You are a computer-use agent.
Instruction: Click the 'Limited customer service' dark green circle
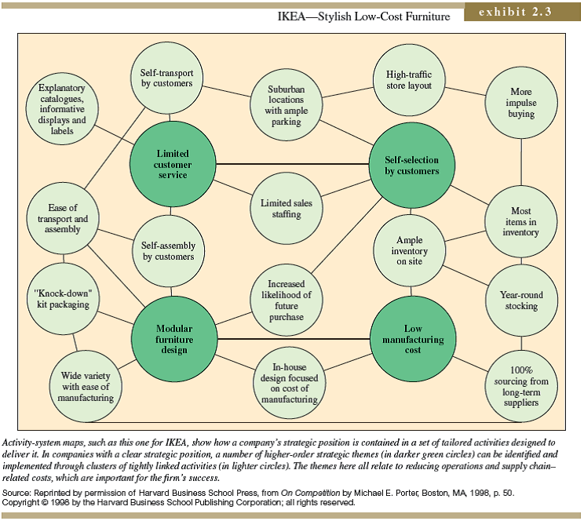pyautogui.click(x=173, y=164)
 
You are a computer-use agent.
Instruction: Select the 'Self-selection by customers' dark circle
pyautogui.click(x=412, y=165)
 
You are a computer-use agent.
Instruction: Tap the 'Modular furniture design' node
pyautogui.click(x=172, y=338)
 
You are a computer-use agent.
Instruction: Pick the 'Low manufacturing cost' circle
pyautogui.click(x=412, y=339)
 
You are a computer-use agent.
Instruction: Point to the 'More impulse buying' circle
pyautogui.click(x=521, y=103)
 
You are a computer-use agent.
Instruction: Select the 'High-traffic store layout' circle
pyautogui.click(x=409, y=79)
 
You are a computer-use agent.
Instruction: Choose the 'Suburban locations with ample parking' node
pyautogui.click(x=287, y=105)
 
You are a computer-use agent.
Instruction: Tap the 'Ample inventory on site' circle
pyautogui.click(x=409, y=250)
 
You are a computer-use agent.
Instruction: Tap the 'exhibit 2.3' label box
pyautogui.click(x=520, y=13)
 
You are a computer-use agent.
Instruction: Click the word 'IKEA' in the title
pyautogui.click(x=295, y=16)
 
